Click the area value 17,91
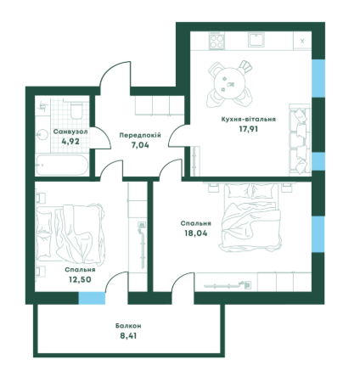[249, 129]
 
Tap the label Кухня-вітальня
[248, 119]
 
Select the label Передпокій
[140, 135]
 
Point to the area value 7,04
[140, 145]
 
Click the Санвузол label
[70, 132]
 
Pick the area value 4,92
[70, 141]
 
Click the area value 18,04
[195, 233]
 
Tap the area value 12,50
[80, 279]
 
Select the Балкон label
[128, 326]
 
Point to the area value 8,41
[128, 336]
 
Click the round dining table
[229, 84]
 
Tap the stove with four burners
[217, 41]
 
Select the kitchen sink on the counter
[256, 40]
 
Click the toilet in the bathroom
[76, 110]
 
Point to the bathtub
[61, 165]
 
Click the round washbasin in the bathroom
[42, 135]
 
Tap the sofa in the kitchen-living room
[300, 139]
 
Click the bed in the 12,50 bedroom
[70, 233]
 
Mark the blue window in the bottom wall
[92, 299]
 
